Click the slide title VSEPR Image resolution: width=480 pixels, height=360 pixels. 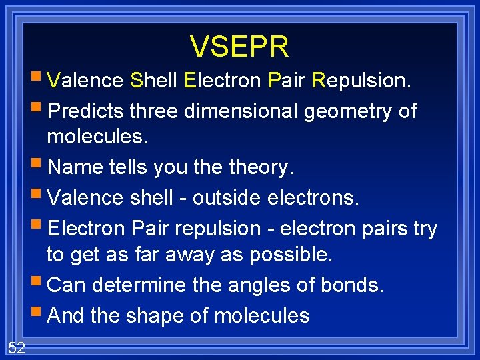[239, 47]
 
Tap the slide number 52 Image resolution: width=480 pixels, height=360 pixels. [17, 347]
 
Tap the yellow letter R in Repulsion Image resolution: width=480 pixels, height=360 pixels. [319, 81]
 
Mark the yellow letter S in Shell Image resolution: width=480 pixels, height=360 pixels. [137, 81]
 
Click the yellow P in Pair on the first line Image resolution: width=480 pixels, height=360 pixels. [274, 81]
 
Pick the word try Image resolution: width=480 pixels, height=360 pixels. [425, 229]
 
